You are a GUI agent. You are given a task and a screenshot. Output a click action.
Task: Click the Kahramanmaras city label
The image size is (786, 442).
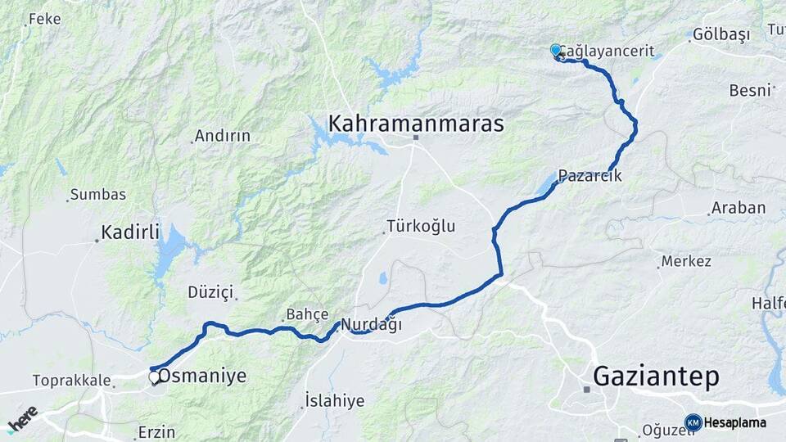(x=416, y=124)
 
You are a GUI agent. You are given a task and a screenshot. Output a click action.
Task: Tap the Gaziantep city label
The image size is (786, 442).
(x=656, y=377)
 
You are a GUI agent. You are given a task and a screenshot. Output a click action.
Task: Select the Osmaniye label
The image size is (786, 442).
(x=202, y=377)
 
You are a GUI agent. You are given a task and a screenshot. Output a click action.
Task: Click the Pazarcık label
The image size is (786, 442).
(x=590, y=175)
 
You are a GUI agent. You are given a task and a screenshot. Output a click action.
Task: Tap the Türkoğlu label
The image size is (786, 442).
(x=421, y=226)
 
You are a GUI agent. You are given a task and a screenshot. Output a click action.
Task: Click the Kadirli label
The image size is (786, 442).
(x=130, y=231)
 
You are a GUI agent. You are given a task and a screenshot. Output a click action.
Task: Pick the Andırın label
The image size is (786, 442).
(x=223, y=136)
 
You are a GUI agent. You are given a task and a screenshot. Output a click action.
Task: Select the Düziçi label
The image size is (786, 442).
(x=211, y=292)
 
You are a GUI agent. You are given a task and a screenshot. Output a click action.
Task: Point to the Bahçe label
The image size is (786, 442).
(x=307, y=314)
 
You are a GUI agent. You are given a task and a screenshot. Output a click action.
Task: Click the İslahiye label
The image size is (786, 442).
(x=334, y=400)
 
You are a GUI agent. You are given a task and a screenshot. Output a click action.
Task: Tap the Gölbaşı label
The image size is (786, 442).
(x=721, y=34)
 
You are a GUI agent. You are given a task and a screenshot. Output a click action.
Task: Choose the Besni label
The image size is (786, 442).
(x=750, y=89)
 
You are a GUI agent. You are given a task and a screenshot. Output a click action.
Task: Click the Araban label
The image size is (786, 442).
(x=739, y=208)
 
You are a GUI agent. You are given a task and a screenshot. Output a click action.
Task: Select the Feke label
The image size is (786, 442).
(x=44, y=18)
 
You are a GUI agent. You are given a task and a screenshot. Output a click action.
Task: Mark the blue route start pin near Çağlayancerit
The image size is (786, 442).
(x=556, y=51)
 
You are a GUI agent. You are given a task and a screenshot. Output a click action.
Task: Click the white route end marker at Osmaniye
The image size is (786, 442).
(x=154, y=377)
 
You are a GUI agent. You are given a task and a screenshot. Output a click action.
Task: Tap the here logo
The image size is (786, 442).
(x=23, y=418)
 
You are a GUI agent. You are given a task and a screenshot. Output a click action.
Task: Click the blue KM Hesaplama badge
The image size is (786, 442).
(x=726, y=422)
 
